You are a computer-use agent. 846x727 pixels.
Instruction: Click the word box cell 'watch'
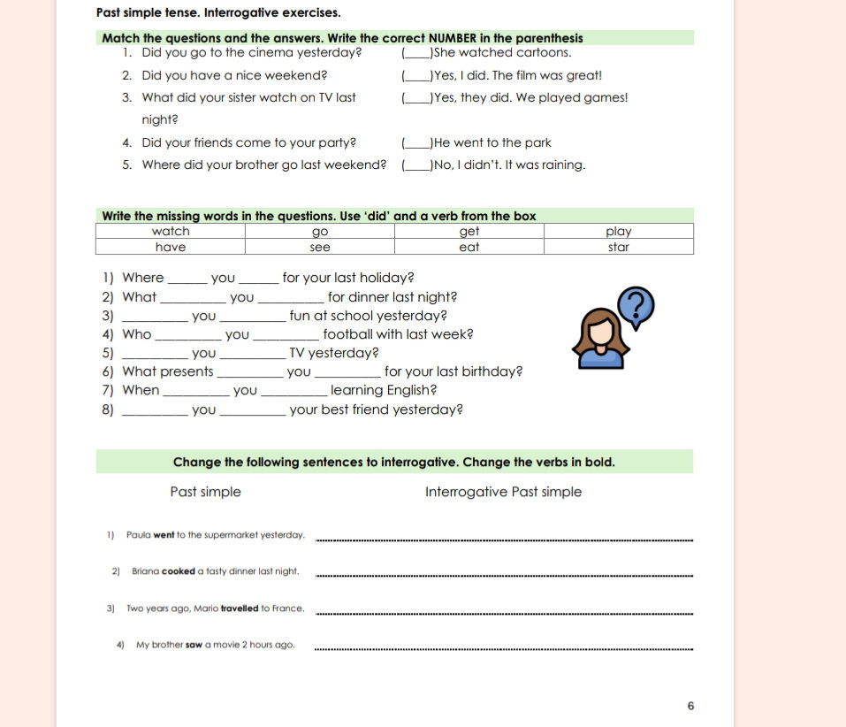pyautogui.click(x=171, y=232)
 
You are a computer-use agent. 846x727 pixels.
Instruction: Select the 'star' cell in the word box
pyautogui.click(x=619, y=248)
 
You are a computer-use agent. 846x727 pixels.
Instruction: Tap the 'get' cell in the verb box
pyautogui.click(x=469, y=232)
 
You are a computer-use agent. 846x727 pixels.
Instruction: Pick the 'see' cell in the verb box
pyautogui.click(x=320, y=248)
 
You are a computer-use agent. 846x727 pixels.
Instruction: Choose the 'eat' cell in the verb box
pyautogui.click(x=469, y=248)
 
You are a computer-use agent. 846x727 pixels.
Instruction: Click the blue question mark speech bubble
pyautogui.click(x=636, y=305)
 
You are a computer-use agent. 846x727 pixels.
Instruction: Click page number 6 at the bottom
pyautogui.click(x=690, y=706)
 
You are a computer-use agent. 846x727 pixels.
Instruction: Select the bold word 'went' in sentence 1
pyautogui.click(x=164, y=535)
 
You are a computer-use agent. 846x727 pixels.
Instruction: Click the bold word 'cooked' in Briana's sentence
pyautogui.click(x=179, y=571)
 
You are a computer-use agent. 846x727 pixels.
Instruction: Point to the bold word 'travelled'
pyautogui.click(x=240, y=608)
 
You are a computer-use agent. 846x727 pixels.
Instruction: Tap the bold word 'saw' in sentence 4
pyautogui.click(x=194, y=645)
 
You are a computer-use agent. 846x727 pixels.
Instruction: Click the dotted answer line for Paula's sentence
pyautogui.click(x=504, y=538)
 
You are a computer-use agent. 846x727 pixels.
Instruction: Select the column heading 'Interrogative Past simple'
pyautogui.click(x=503, y=492)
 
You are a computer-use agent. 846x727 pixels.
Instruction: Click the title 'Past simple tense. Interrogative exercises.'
pyautogui.click(x=217, y=13)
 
